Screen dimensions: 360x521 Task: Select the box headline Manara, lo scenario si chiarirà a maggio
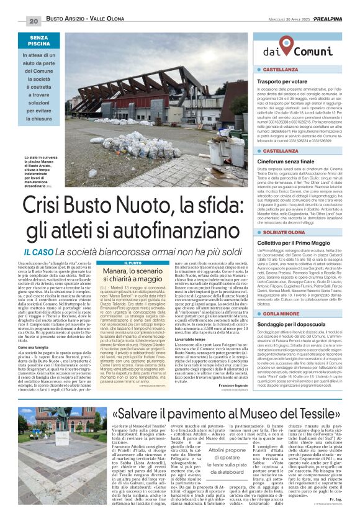[121, 260]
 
